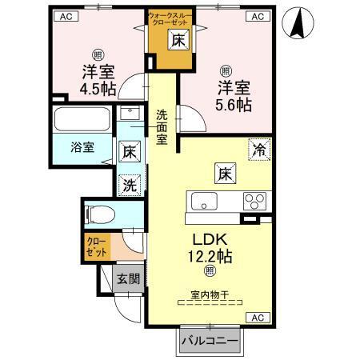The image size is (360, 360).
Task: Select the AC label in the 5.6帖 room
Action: click(x=259, y=16)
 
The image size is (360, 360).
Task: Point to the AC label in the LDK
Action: click(x=258, y=318)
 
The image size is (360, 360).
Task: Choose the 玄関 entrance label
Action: click(x=127, y=279)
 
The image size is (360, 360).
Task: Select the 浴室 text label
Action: click(x=82, y=147)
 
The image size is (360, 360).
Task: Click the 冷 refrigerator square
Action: click(x=258, y=149)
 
